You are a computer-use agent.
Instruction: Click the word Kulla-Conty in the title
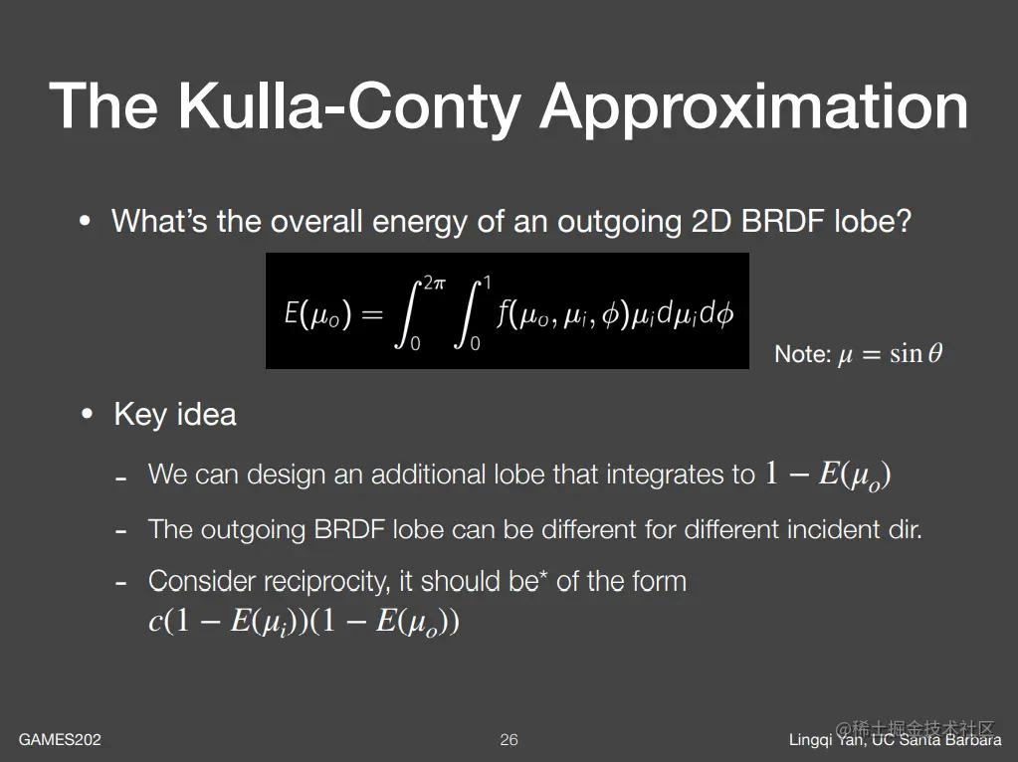click(x=350, y=107)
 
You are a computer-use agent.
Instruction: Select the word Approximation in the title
click(x=754, y=107)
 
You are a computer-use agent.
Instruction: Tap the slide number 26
click(x=509, y=739)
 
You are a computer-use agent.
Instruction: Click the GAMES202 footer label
click(x=60, y=739)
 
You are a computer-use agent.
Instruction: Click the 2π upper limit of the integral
click(x=434, y=283)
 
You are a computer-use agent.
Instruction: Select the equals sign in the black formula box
click(x=372, y=315)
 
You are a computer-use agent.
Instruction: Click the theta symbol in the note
click(x=934, y=353)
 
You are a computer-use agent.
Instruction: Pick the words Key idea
click(x=175, y=414)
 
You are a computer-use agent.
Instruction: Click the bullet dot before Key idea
click(x=87, y=414)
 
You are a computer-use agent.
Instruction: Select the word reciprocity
click(x=327, y=582)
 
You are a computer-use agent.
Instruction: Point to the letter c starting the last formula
click(x=154, y=622)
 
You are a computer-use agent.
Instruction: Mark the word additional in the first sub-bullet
click(x=429, y=475)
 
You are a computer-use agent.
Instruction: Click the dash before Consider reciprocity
click(x=120, y=583)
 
